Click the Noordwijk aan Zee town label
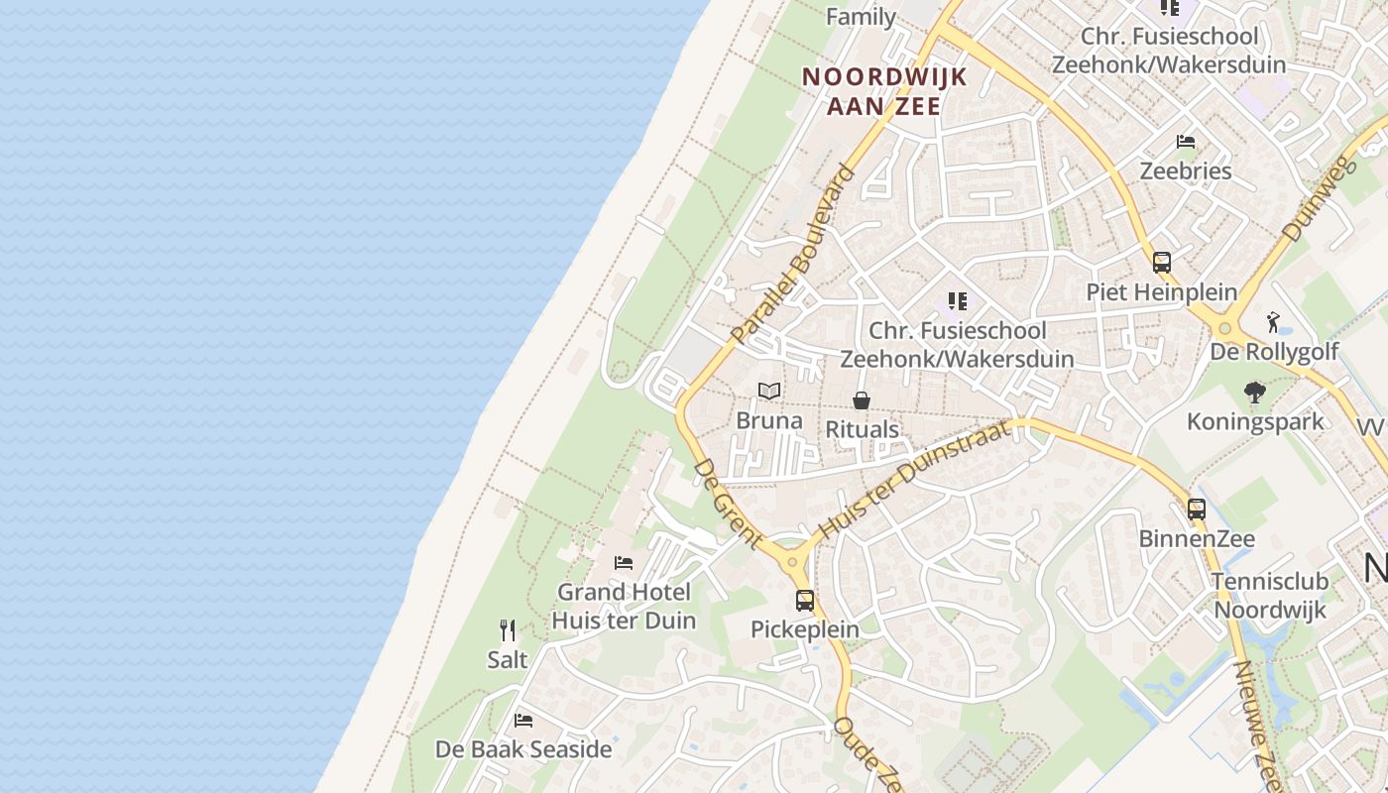point(883,91)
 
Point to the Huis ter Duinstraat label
point(916,479)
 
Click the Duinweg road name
point(1318,198)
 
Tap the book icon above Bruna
point(769,392)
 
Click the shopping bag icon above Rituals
point(862,400)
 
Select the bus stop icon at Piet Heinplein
point(1162,263)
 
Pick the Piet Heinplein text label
point(1162,292)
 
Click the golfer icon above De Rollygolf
point(1274,322)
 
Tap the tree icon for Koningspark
point(1255,393)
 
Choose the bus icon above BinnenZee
point(1197,510)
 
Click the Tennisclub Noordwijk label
point(1270,595)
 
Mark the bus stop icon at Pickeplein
point(805,600)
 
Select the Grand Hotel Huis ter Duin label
point(624,607)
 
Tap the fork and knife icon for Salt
point(508,630)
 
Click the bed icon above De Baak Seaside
point(523,721)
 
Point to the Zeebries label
point(1186,170)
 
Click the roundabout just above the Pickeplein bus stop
point(793,562)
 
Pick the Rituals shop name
point(863,429)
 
